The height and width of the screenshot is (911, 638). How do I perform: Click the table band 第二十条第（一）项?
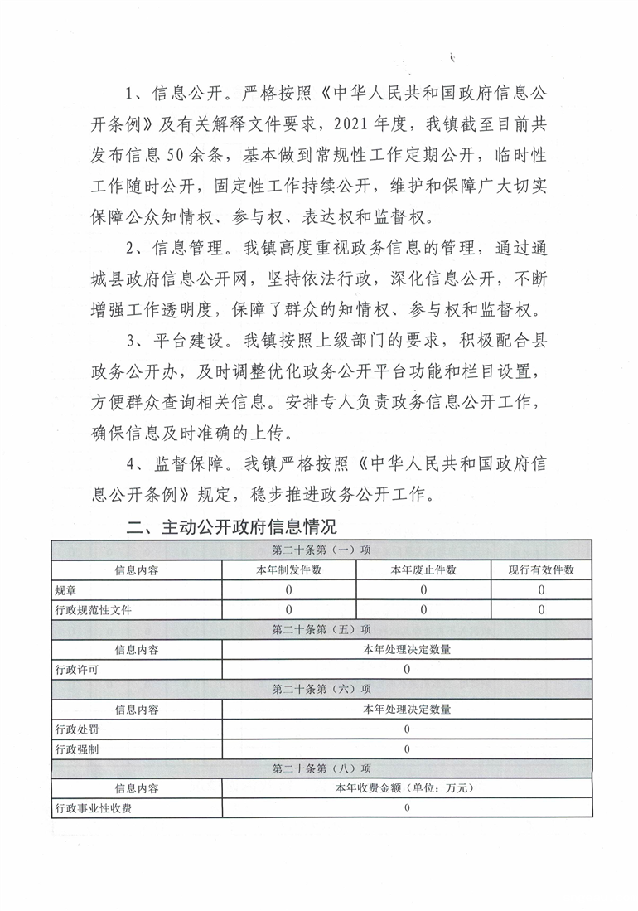[321, 550]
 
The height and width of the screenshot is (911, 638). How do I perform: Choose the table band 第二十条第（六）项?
[321, 689]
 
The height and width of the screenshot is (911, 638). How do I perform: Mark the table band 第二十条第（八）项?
[321, 768]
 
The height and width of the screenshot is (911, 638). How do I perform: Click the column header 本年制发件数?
[289, 569]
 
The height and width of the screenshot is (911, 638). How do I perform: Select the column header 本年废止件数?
[423, 569]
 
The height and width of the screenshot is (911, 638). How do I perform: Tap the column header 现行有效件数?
[541, 569]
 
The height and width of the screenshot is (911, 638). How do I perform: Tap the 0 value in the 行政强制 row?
[407, 749]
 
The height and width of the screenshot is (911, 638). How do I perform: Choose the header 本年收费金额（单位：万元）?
[407, 788]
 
